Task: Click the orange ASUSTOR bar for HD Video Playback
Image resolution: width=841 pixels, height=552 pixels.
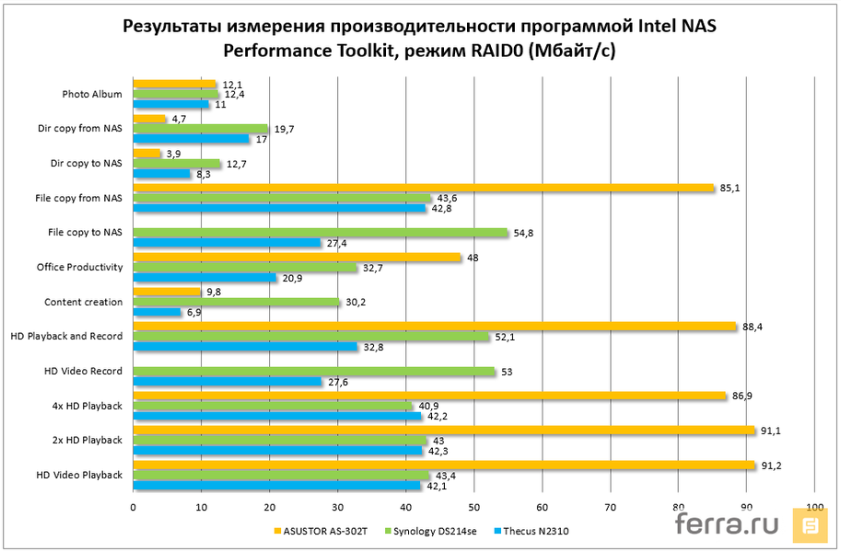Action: click(x=444, y=465)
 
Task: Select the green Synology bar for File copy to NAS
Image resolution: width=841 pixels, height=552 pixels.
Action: click(x=321, y=233)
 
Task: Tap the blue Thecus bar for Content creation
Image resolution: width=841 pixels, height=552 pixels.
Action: click(x=157, y=312)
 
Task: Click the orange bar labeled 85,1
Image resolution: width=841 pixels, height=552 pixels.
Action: click(x=424, y=188)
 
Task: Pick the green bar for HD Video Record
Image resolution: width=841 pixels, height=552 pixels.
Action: click(x=314, y=371)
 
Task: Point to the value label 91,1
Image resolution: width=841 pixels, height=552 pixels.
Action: click(x=770, y=430)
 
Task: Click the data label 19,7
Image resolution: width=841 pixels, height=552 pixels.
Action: click(x=285, y=129)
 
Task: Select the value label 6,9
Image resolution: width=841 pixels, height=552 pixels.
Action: click(x=195, y=313)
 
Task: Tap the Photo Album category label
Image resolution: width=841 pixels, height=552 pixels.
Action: click(x=92, y=94)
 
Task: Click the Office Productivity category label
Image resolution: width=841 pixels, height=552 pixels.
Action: click(x=80, y=267)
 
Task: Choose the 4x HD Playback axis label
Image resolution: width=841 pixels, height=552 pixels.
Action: click(x=88, y=406)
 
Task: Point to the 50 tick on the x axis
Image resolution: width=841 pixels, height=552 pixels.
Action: click(x=473, y=507)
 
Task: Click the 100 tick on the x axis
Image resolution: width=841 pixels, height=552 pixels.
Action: click(x=814, y=507)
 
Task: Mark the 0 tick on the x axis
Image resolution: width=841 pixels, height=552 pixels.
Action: click(x=134, y=507)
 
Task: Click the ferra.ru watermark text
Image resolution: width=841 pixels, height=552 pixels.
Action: click(x=728, y=524)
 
